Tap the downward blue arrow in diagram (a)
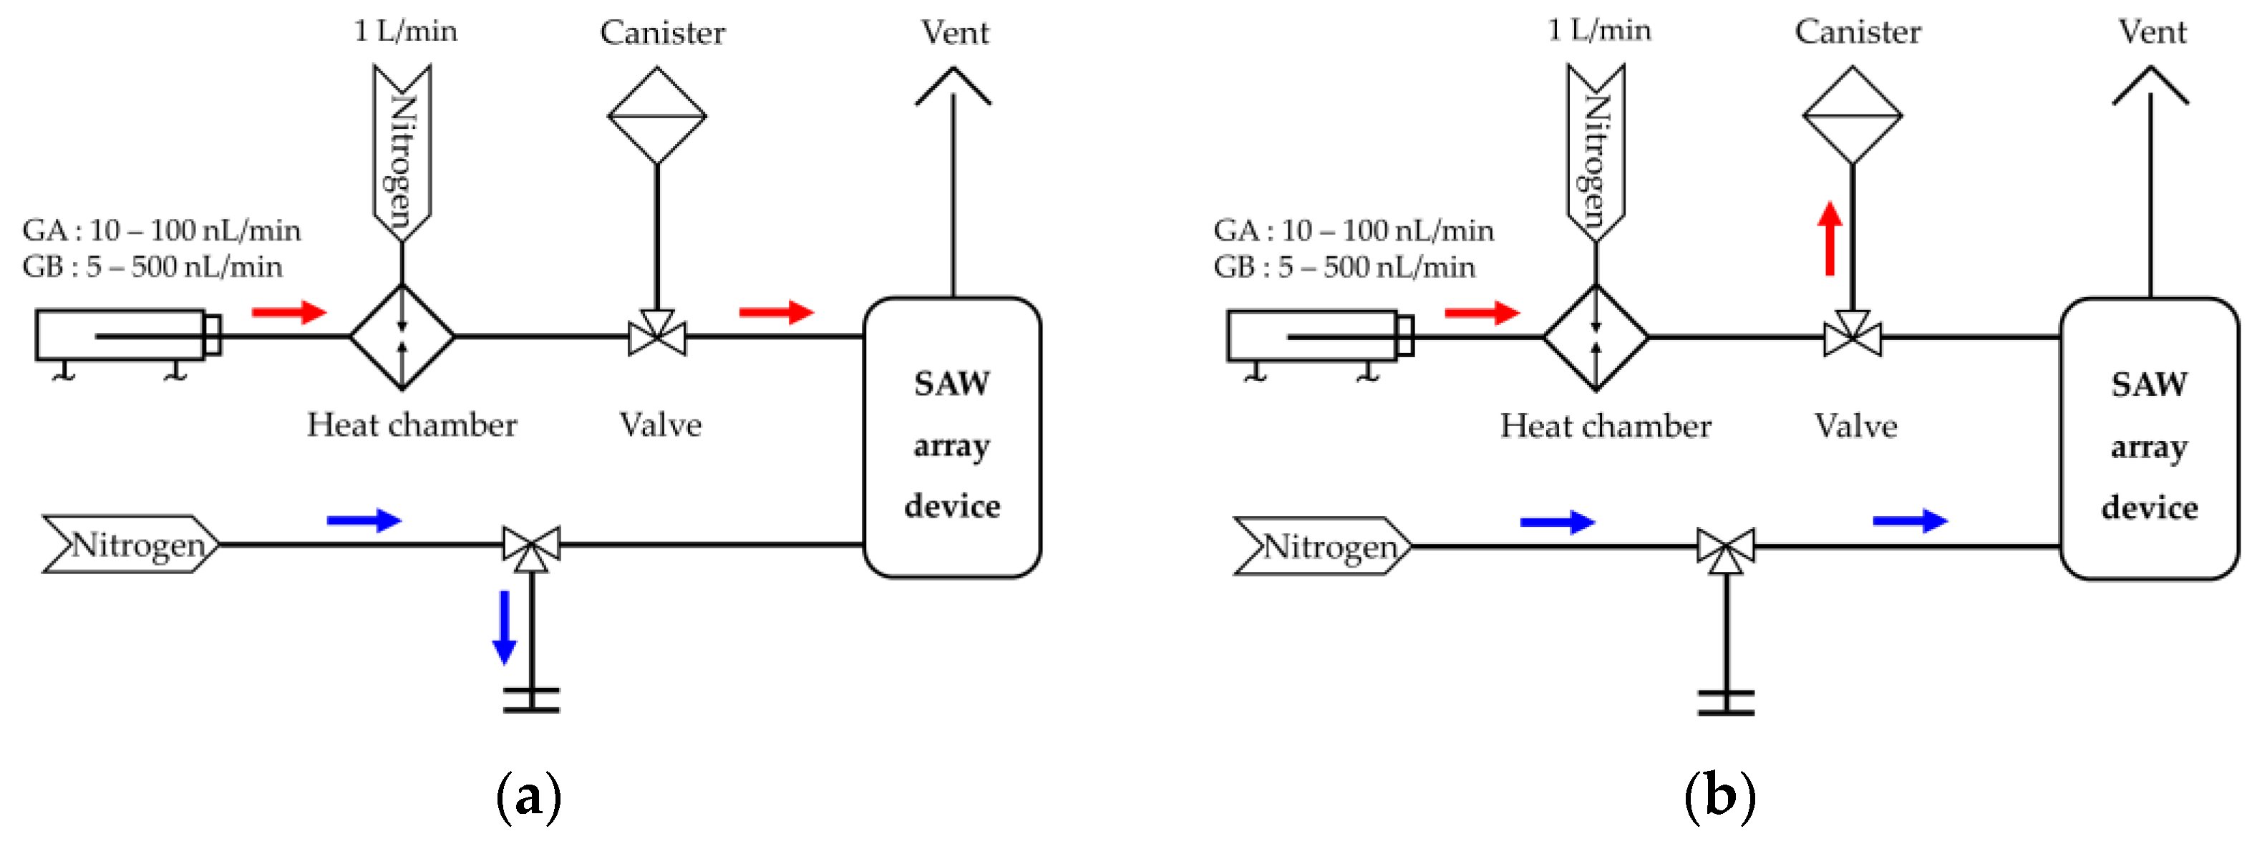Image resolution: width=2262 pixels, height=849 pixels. pos(504,626)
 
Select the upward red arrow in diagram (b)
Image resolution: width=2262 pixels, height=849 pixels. pos(1829,239)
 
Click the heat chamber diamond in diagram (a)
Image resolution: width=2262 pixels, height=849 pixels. pos(402,336)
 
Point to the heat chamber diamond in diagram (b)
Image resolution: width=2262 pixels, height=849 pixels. pos(1596,337)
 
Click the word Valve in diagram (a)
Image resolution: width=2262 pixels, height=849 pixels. pos(660,425)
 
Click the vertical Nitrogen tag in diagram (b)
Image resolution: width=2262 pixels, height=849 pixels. pos(1596,154)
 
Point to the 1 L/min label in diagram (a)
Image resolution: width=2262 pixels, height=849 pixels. pos(405,31)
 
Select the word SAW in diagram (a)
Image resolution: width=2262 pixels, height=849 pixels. pos(952,384)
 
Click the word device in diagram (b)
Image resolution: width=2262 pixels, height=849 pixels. pos(2150,508)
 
